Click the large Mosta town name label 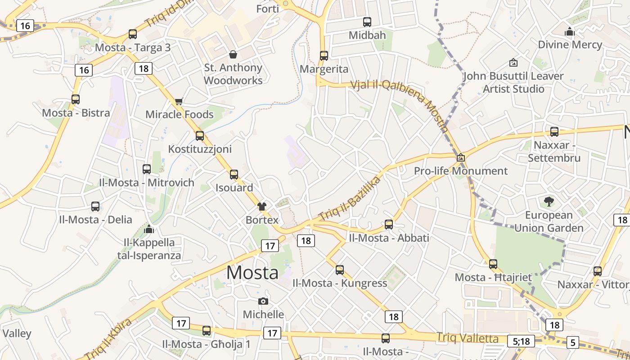coord(252,273)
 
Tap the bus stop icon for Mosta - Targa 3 coord(133,34)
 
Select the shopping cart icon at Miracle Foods coord(179,101)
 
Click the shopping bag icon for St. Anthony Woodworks coord(233,54)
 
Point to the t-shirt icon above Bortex coord(262,207)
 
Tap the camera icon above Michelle coord(263,301)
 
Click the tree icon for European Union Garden coord(549,202)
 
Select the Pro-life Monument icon coord(460,158)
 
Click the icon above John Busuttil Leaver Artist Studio coord(513,63)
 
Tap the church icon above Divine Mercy coord(570,31)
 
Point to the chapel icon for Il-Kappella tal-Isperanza coord(149,229)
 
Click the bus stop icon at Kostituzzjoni coord(200,135)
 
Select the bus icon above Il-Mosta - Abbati coord(389,224)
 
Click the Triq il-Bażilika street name coord(349,198)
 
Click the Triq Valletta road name coord(468,338)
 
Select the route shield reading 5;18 coord(522,341)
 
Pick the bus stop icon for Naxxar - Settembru coord(554,132)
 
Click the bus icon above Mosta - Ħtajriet coord(493,264)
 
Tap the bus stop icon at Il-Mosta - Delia coord(95,207)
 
